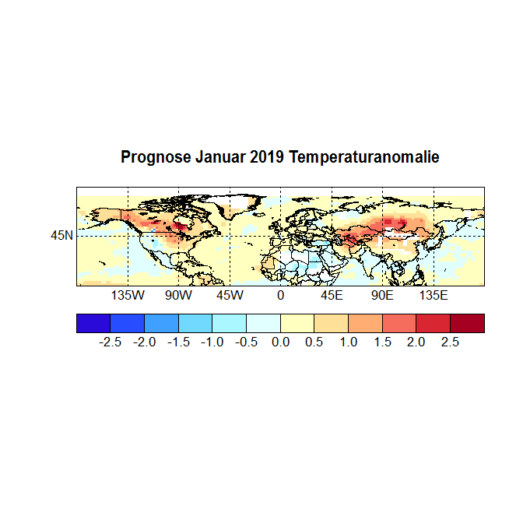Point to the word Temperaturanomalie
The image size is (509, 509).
[x=364, y=158]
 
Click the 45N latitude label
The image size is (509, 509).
[x=62, y=235]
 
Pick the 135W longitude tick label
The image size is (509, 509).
[x=128, y=297]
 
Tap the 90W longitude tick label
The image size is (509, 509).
[x=178, y=297]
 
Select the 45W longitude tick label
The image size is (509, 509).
[x=230, y=297]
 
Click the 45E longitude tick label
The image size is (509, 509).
[x=332, y=297]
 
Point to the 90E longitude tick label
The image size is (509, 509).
[x=382, y=297]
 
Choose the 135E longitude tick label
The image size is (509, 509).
[x=434, y=297]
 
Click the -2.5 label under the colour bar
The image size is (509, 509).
[x=111, y=342]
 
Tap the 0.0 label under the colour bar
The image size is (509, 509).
[x=280, y=342]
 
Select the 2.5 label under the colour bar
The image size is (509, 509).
[x=450, y=342]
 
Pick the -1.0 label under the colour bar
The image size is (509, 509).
[x=212, y=342]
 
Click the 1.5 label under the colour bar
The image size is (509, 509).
[x=382, y=342]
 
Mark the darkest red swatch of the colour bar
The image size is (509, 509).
[x=467, y=323]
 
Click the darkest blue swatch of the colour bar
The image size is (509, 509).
[x=93, y=323]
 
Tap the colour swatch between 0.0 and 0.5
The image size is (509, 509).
[x=297, y=323]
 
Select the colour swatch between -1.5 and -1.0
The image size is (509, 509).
[x=195, y=323]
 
